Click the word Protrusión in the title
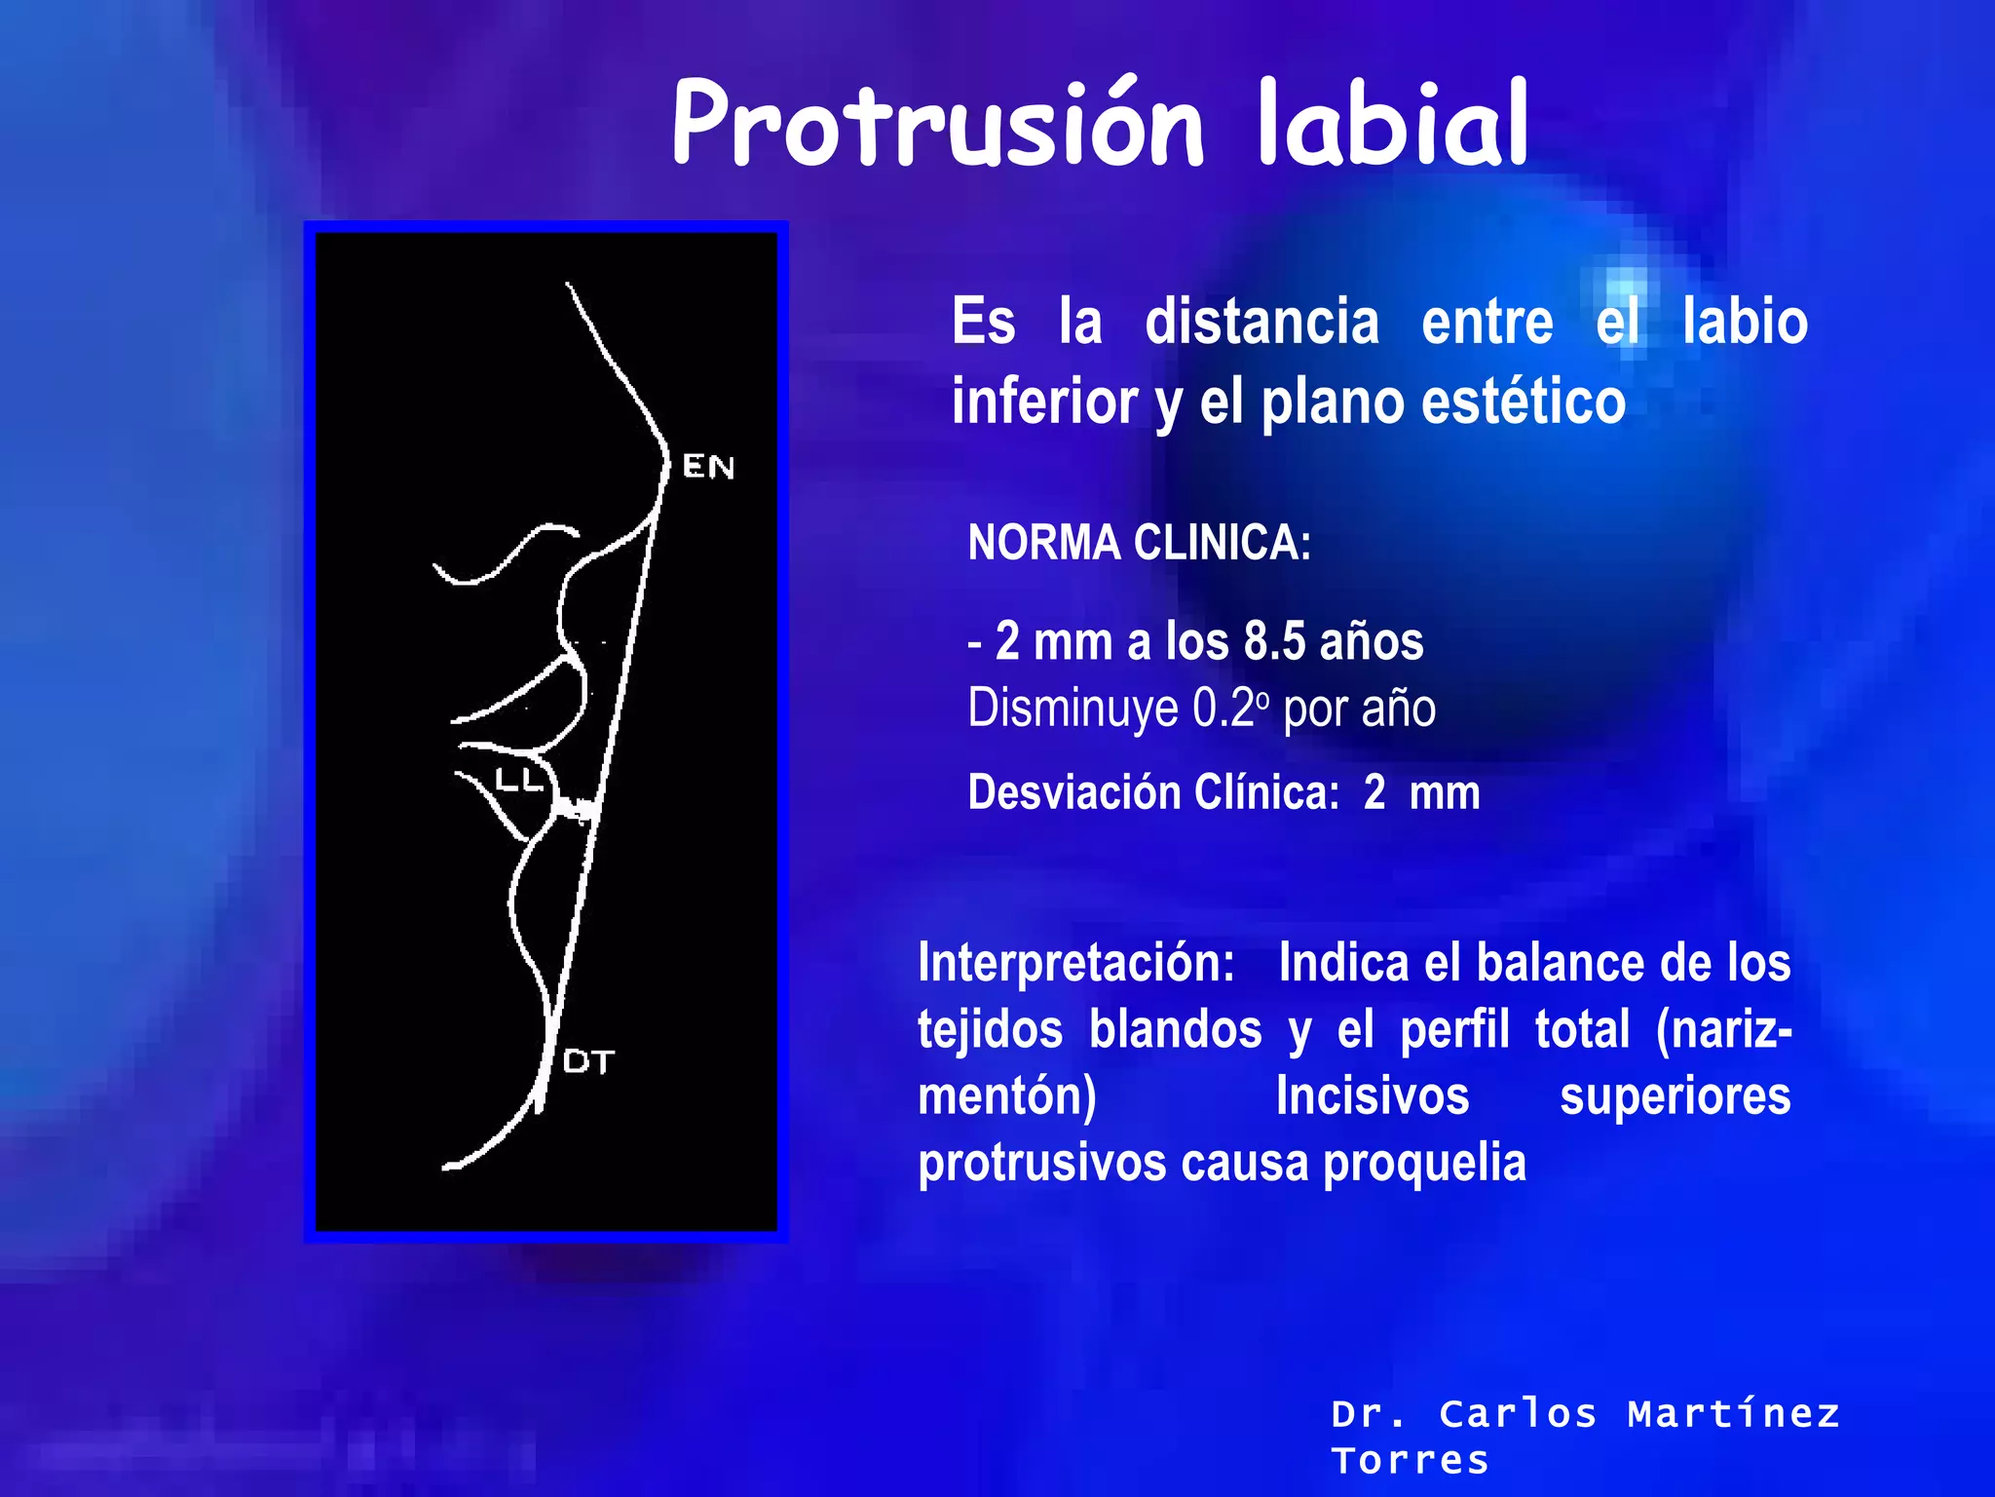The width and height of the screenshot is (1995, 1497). pos(938,125)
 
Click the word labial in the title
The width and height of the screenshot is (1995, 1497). pos(1393,125)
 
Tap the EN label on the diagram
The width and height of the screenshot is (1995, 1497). pos(708,467)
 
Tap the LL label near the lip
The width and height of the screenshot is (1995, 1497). pos(518,781)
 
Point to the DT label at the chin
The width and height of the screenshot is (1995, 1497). pos(588,1061)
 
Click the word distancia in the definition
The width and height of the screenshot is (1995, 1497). pos(1261,322)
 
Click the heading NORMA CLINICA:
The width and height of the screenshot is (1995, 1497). pos(1139,543)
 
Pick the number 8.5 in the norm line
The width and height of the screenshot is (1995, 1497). pos(1274,642)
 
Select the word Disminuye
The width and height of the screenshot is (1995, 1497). pos(1073,709)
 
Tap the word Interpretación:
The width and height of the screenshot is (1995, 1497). pos(1076,963)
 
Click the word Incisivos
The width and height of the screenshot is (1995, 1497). pos(1373,1095)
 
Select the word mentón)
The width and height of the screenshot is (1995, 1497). pos(1007,1095)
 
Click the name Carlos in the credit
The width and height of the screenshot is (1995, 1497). pos(1518,1413)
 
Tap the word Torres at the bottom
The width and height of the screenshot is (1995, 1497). pos(1411,1460)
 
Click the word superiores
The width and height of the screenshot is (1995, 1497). pos(1675,1095)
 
